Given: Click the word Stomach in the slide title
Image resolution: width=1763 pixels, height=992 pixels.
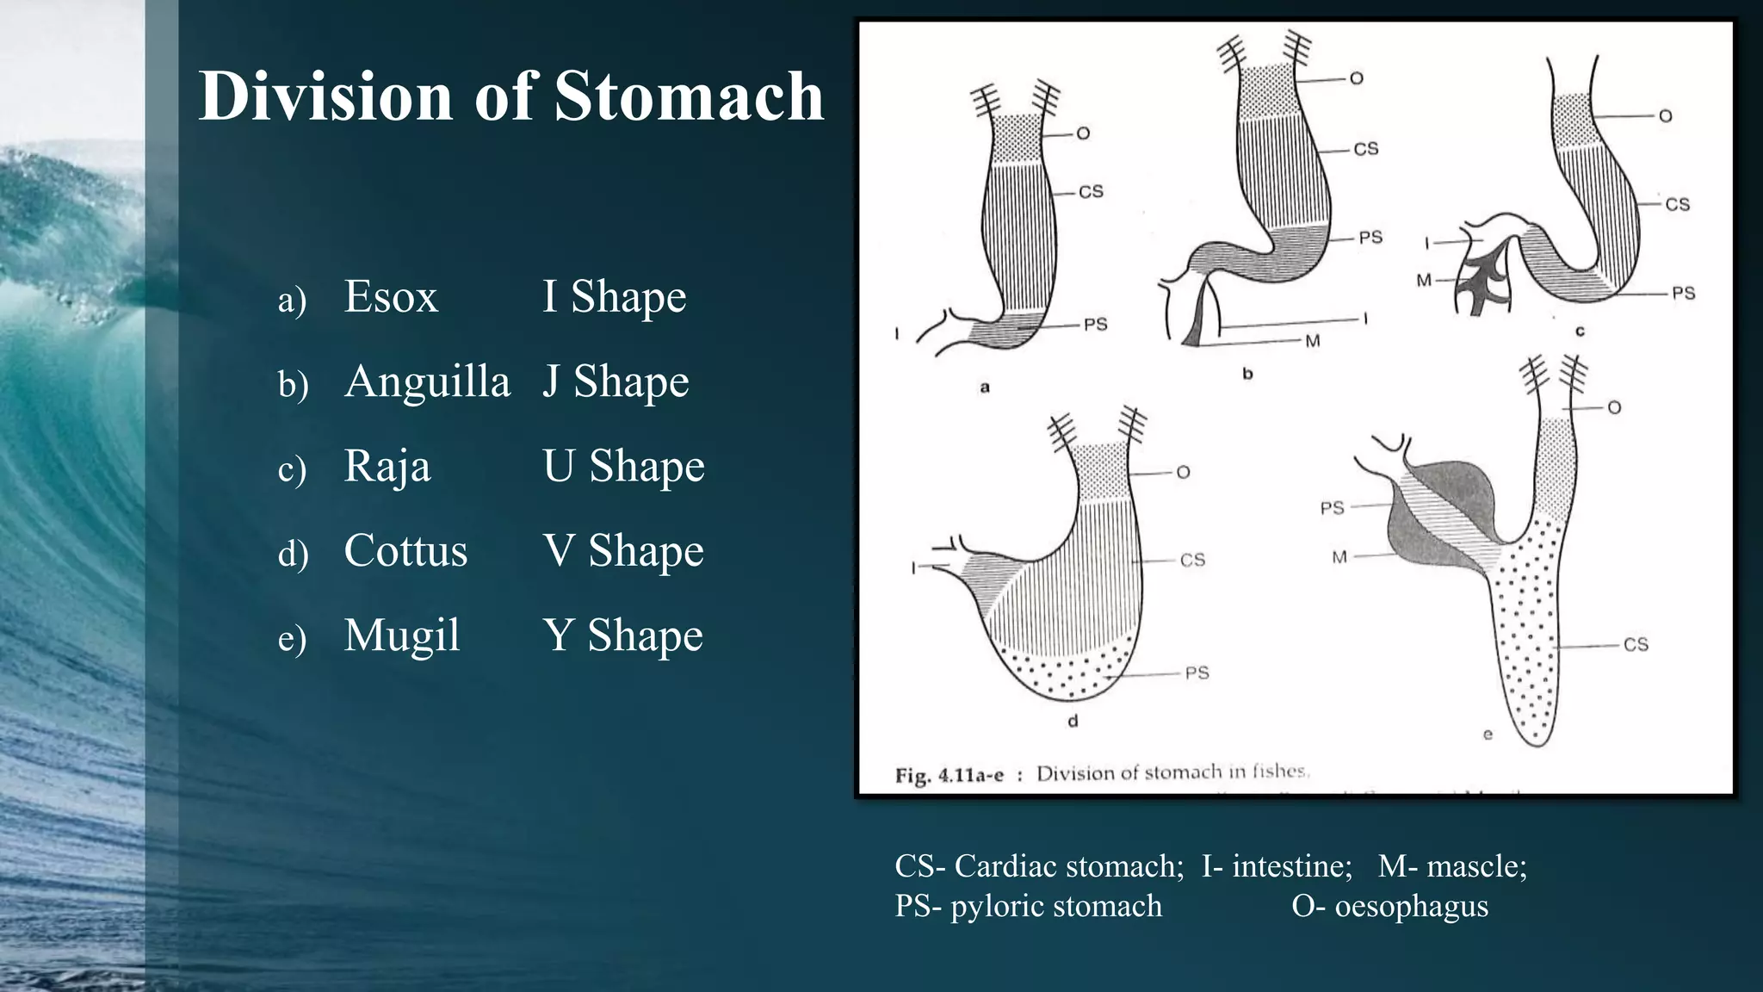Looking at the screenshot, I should coord(689,96).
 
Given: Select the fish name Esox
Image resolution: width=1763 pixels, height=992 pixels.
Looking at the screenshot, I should coord(391,297).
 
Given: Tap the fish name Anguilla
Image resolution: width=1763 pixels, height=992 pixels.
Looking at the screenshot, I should coord(427,381).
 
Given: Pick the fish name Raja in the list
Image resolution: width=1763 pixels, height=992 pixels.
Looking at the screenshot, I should coord(387,466).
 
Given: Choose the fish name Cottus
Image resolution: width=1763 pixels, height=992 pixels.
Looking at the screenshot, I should coord(405,550).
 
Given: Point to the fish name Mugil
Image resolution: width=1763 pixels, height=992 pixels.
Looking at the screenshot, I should coord(402,635).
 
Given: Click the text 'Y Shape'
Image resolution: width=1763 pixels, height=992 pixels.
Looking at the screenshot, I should coord(622,635).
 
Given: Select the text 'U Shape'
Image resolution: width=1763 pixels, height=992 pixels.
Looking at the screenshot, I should coord(623,466).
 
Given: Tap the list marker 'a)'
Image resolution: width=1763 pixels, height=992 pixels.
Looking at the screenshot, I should coord(292,301).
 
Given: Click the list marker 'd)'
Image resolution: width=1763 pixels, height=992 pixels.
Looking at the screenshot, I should coord(293,554).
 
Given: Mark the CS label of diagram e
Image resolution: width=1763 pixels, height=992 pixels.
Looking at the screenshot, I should coord(1636,644).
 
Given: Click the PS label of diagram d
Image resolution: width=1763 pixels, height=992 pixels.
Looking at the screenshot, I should coord(1197,673).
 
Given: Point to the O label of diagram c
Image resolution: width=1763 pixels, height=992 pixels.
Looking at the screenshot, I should coord(1665,115).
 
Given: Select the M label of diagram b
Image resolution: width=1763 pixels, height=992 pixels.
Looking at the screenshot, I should coord(1312,341).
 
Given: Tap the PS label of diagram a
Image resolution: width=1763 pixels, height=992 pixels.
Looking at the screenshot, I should coord(1095,325).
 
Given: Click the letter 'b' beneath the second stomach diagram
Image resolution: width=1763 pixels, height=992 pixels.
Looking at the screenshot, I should coord(1247,374).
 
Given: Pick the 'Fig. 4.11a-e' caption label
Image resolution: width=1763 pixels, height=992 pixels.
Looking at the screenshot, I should coord(949,775).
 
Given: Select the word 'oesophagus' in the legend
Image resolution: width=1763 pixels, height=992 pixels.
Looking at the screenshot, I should coord(1411,906).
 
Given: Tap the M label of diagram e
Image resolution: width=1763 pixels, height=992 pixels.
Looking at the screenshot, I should coord(1339,557).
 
